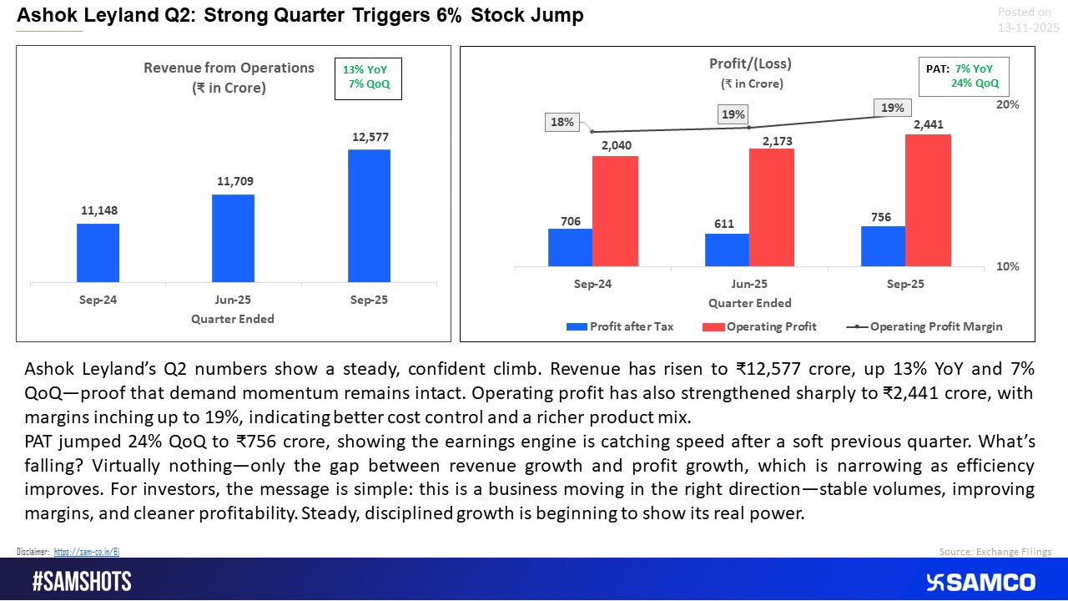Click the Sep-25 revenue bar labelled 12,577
click(x=369, y=215)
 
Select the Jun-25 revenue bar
click(x=233, y=238)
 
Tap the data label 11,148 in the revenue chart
click(x=98, y=212)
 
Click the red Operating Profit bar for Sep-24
click(x=615, y=211)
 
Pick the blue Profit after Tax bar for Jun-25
click(x=727, y=250)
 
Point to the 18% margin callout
click(x=562, y=122)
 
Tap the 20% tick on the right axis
click(x=1009, y=105)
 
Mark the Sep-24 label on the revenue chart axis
click(x=98, y=300)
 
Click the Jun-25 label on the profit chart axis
click(x=749, y=284)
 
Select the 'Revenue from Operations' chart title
click(x=229, y=77)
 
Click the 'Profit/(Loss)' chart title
click(x=749, y=63)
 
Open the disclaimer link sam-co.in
click(x=88, y=552)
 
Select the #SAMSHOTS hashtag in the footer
click(x=82, y=582)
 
